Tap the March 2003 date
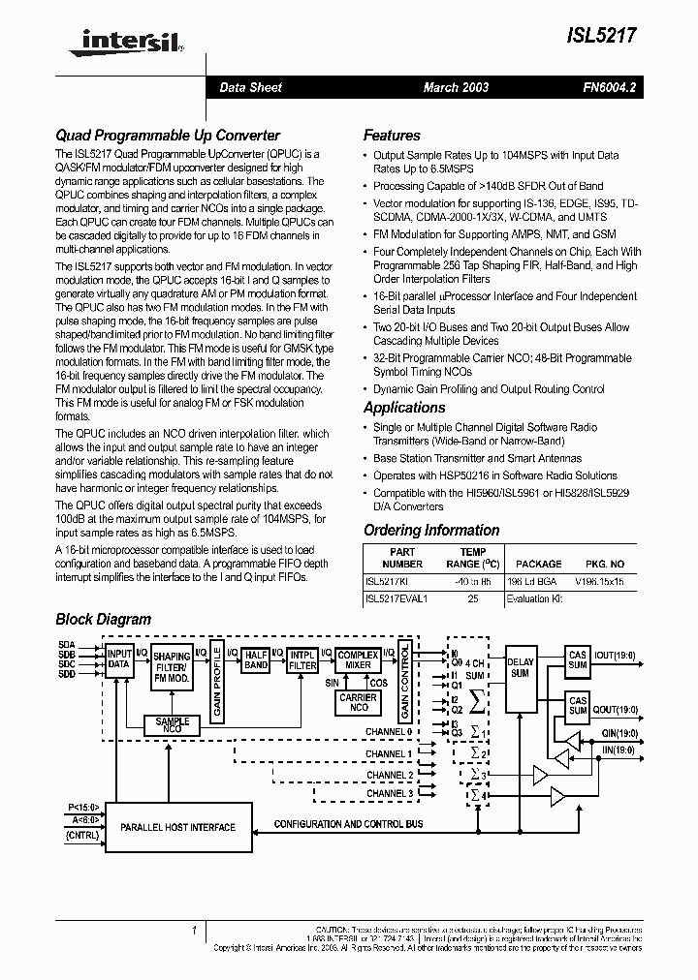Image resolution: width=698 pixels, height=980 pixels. click(x=456, y=87)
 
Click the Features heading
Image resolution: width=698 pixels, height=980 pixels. click(x=392, y=136)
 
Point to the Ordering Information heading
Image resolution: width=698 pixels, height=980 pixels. click(x=431, y=530)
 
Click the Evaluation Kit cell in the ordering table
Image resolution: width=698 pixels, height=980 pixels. click(x=534, y=599)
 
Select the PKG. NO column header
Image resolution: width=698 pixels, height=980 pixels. click(x=605, y=564)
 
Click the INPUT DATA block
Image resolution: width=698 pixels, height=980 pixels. click(x=118, y=659)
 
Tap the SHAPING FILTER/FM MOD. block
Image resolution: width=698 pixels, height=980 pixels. click(x=172, y=663)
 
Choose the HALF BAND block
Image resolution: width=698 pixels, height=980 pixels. click(x=255, y=659)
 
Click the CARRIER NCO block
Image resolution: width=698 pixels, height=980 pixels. click(x=358, y=702)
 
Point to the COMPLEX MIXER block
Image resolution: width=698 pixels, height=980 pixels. click(x=358, y=659)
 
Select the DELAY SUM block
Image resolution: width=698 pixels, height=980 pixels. click(x=520, y=667)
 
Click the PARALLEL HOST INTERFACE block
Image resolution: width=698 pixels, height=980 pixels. click(x=177, y=828)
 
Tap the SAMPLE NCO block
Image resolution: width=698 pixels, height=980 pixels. click(x=172, y=725)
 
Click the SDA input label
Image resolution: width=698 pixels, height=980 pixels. click(x=66, y=645)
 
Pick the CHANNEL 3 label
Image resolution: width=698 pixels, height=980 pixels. click(x=389, y=794)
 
